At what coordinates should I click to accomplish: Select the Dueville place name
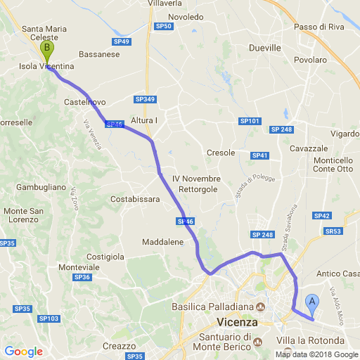point(265,48)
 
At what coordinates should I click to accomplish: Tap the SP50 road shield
point(163,27)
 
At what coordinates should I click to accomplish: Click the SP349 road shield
point(144,99)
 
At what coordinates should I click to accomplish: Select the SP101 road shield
point(250,122)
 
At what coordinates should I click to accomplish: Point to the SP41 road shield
point(260,155)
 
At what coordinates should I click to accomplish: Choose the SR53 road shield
point(333,231)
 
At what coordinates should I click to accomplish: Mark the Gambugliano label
point(41,188)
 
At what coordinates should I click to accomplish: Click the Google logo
point(23,351)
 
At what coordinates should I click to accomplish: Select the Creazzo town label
point(119,346)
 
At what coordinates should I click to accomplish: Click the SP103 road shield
point(49,319)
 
